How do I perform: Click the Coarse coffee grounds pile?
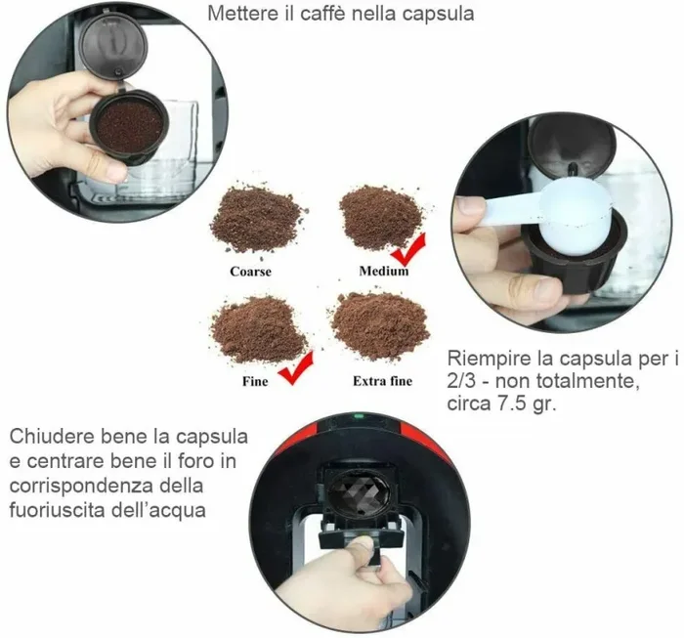(x=256, y=220)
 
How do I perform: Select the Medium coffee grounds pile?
(x=379, y=217)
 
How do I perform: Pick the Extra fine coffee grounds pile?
(x=380, y=325)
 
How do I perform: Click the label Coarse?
(x=250, y=272)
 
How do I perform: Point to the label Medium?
(x=383, y=272)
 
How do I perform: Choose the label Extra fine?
(x=382, y=381)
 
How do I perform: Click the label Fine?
(x=255, y=381)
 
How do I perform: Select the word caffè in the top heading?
(x=321, y=14)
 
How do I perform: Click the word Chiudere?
(x=49, y=435)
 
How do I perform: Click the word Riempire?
(x=487, y=359)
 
